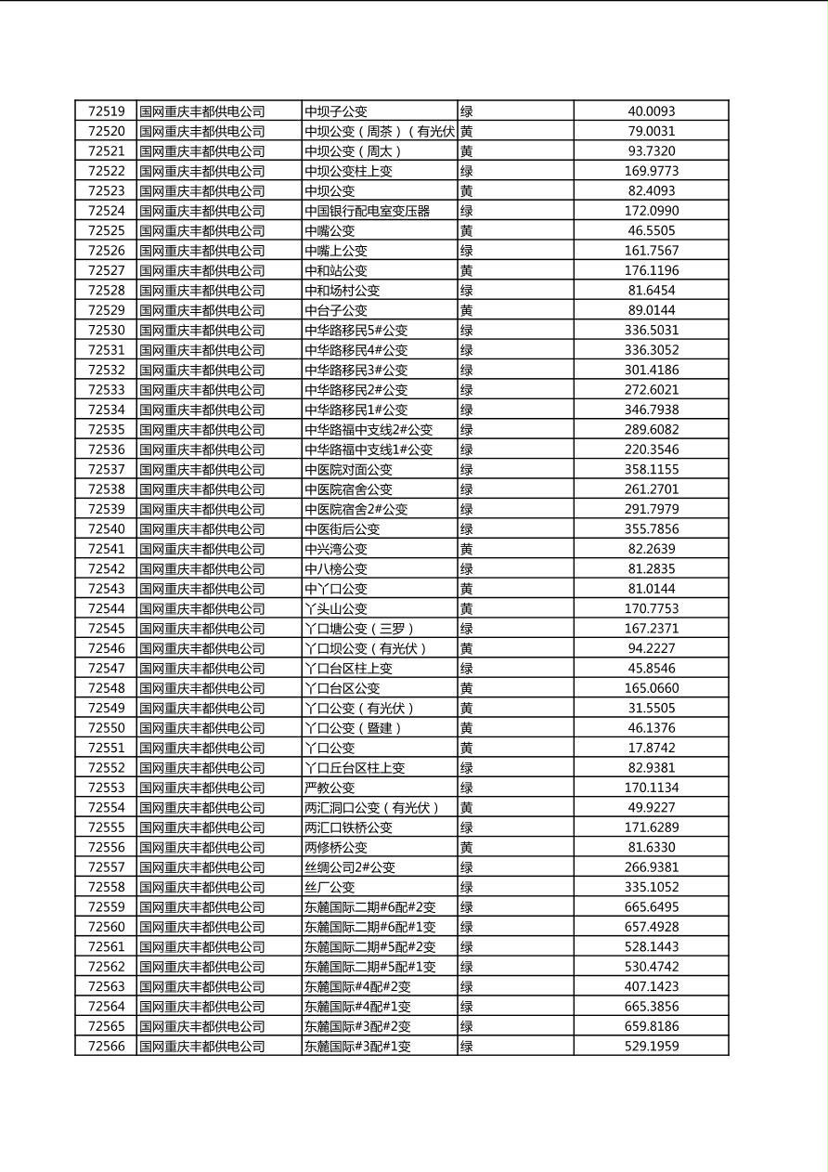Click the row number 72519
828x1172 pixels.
(106, 111)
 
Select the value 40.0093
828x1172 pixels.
(651, 111)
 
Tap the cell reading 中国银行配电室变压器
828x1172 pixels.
(368, 211)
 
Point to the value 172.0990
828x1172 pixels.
(651, 211)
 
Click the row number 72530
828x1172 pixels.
(106, 330)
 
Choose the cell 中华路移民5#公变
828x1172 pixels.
(356, 330)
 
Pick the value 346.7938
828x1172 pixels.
(651, 410)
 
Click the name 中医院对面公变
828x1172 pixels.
(349, 469)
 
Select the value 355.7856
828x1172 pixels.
(651, 528)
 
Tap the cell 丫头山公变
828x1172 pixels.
(336, 608)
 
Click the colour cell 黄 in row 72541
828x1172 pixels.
(467, 549)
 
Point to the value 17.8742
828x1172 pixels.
(651, 748)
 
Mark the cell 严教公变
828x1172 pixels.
(330, 788)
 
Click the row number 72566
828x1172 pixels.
(106, 1046)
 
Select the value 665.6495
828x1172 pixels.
(651, 906)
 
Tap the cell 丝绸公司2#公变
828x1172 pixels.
(350, 866)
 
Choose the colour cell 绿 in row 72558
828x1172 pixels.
(467, 887)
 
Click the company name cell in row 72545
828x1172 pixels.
(202, 628)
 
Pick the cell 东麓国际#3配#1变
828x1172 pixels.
(357, 1046)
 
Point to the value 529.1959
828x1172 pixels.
(651, 1046)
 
